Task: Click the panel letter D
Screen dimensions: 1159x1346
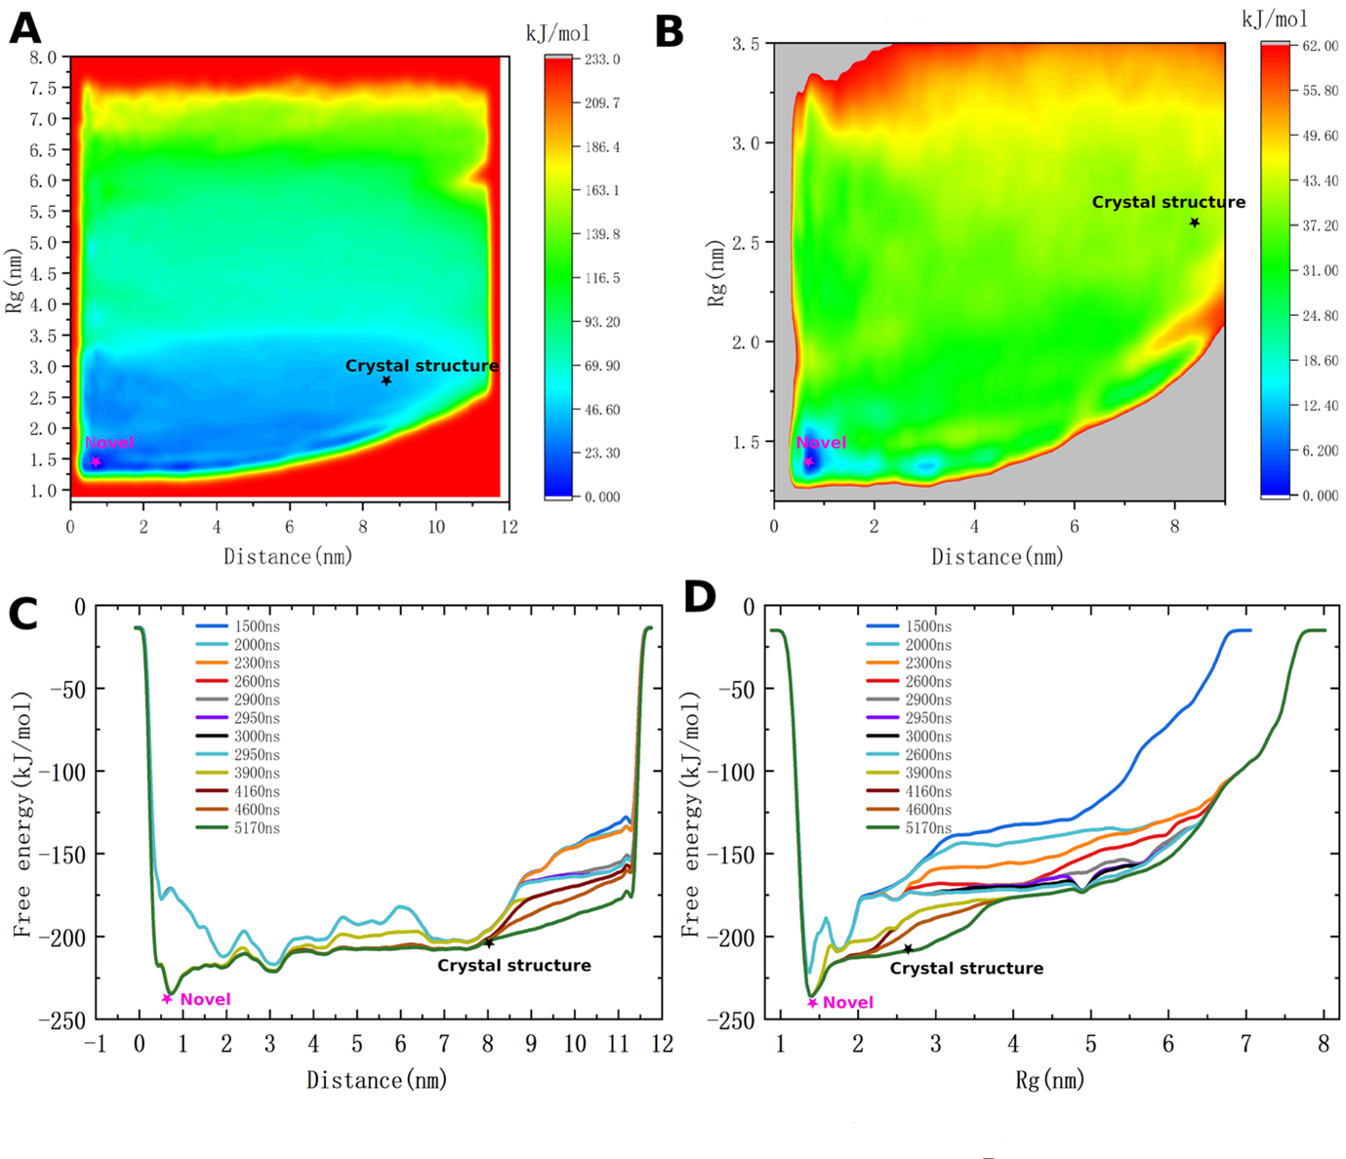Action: pos(700,597)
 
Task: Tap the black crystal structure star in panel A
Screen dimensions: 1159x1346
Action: pos(387,380)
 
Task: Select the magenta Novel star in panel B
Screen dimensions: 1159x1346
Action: pos(808,462)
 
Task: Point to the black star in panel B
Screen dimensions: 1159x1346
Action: pos(1194,222)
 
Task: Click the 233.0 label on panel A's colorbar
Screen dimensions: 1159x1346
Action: pos(602,60)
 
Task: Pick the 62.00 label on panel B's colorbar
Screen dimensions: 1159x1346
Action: pos(1320,46)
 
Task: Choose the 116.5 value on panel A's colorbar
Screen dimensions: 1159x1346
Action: pos(602,278)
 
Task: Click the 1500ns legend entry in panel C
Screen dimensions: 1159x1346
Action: pos(256,626)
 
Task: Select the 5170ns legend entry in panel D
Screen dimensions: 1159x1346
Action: pos(927,828)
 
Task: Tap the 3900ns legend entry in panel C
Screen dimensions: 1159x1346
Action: pos(256,773)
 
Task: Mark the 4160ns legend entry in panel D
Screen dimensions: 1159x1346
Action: pos(927,791)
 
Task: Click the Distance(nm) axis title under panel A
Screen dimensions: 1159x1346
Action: pos(288,557)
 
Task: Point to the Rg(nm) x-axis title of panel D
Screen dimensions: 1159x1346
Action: pos(1047,1080)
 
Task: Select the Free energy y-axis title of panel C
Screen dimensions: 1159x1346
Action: pos(22,815)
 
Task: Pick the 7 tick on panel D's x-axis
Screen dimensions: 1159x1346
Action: pos(1245,1045)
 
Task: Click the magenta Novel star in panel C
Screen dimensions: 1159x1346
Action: pos(167,998)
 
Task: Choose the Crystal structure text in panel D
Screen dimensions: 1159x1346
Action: pos(966,969)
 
